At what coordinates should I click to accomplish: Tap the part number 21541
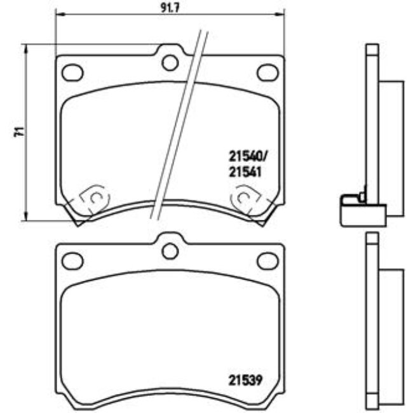pos(243,172)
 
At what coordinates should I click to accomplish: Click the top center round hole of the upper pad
pos(170,62)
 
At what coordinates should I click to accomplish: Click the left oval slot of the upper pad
pos(72,72)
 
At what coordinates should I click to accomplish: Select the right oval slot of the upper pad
pos(267,72)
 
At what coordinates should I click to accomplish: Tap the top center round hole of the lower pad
pos(170,250)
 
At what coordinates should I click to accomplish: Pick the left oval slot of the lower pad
pos(72,260)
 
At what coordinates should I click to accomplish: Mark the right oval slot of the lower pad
pos(267,260)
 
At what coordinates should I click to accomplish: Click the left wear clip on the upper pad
pos(93,198)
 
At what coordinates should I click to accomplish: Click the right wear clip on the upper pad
pos(245,198)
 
